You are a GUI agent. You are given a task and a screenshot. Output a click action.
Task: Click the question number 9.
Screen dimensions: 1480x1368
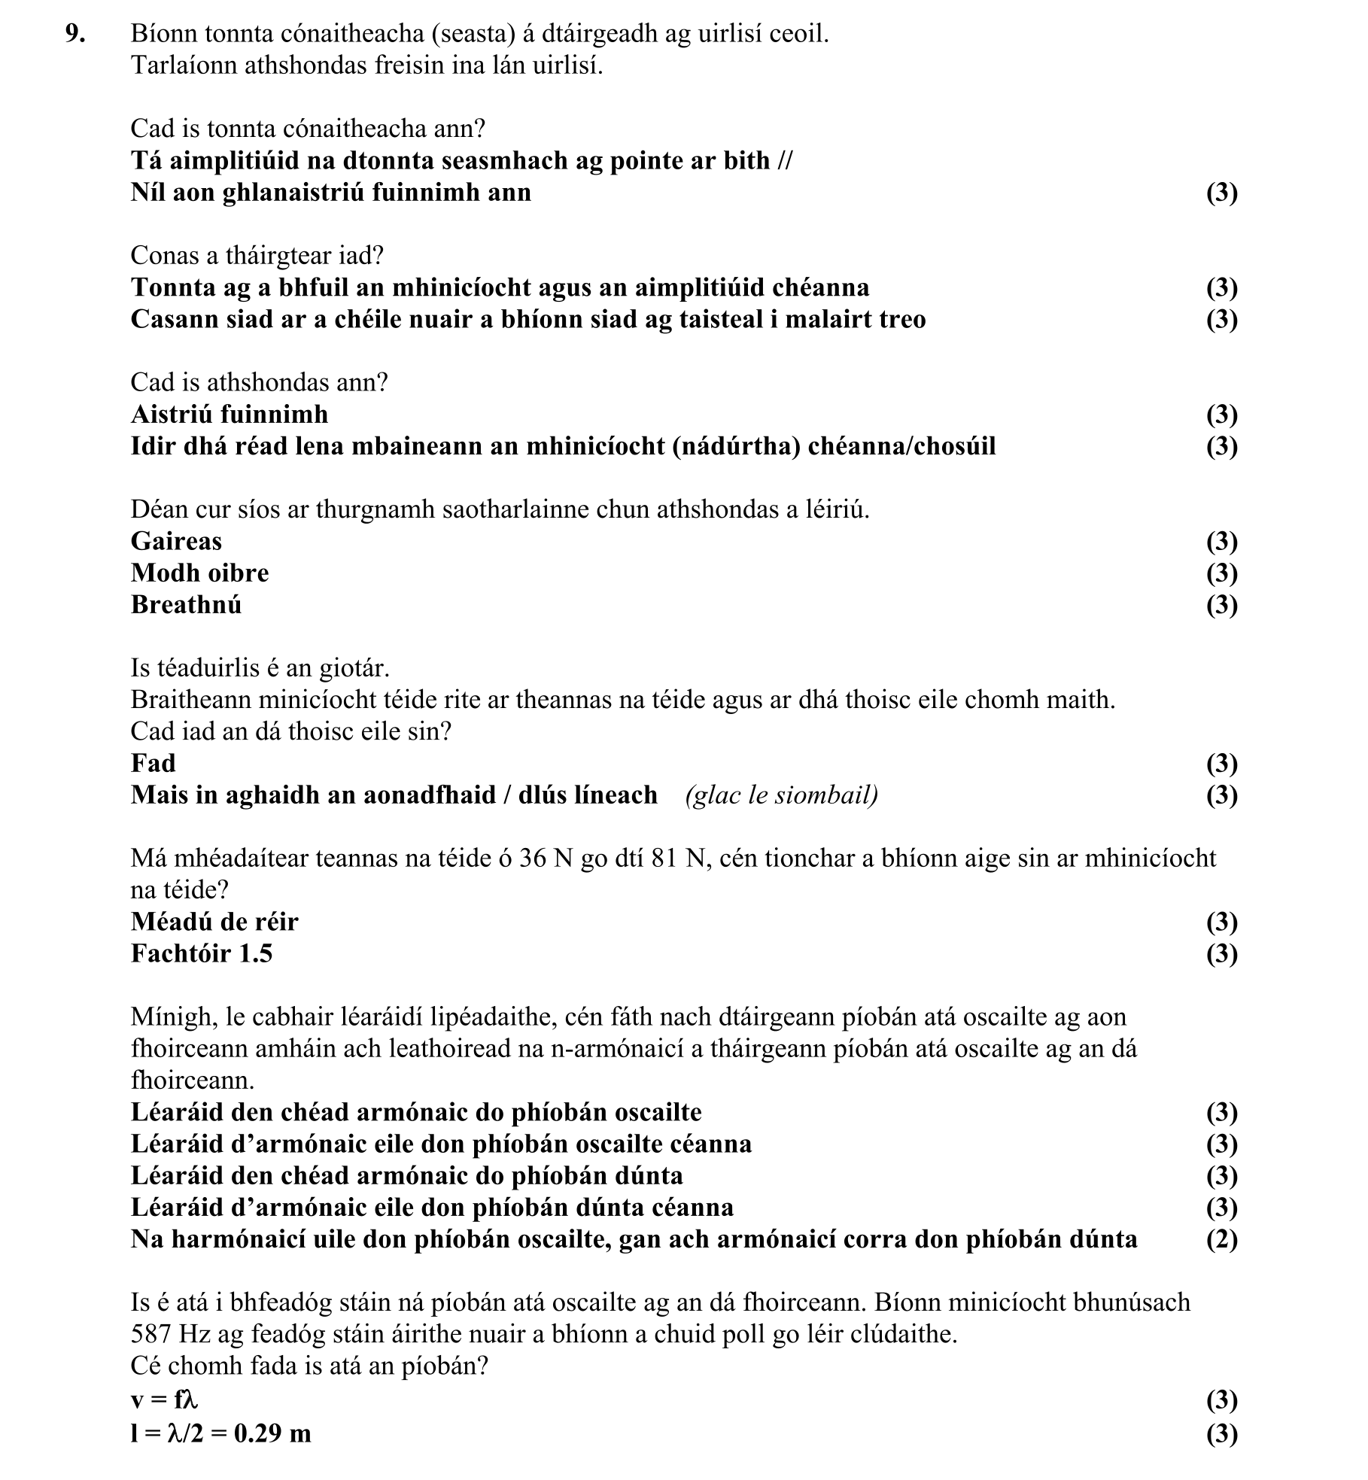73,34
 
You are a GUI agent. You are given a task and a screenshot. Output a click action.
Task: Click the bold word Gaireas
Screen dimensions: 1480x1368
176,541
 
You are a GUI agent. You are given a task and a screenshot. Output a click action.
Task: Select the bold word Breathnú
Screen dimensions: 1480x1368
186,604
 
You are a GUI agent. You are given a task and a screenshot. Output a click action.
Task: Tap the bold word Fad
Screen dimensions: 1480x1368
153,763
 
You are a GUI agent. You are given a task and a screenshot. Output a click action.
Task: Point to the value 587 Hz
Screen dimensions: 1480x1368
162,1334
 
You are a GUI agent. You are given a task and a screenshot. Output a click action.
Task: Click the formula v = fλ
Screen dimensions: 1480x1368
164,1399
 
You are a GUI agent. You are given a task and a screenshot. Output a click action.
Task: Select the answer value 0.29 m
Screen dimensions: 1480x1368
272,1433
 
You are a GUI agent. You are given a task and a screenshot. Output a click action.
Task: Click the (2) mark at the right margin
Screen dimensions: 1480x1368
1221,1239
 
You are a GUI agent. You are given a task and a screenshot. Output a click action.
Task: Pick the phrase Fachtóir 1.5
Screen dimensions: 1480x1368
202,953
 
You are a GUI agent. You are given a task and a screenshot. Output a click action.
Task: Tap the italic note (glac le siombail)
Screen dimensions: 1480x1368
781,795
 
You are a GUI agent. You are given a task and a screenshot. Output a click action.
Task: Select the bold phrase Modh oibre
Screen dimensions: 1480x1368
199,573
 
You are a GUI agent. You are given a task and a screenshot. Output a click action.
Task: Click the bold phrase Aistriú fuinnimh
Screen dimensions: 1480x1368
230,415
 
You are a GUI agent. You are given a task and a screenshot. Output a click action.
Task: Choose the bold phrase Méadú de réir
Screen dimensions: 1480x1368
214,922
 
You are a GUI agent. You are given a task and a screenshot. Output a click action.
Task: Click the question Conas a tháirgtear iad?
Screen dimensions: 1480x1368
257,256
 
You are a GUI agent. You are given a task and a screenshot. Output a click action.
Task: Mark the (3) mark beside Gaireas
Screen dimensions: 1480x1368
1221,541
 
